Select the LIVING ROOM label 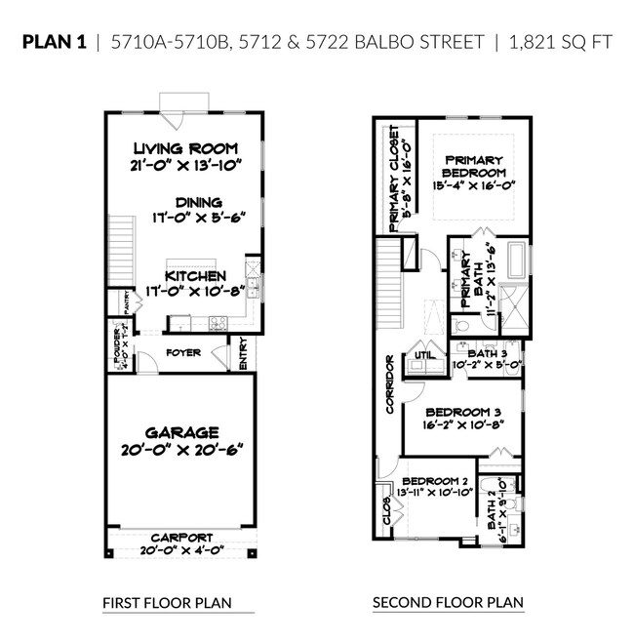tap(185, 149)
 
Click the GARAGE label tap(183, 432)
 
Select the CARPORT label tap(182, 537)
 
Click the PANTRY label tap(127, 302)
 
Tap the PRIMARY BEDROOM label tap(473, 166)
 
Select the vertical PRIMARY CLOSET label tap(395, 176)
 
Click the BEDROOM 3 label tap(463, 413)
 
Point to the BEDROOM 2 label tap(436, 482)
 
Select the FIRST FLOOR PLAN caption tap(167, 604)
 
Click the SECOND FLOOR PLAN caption tap(448, 604)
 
